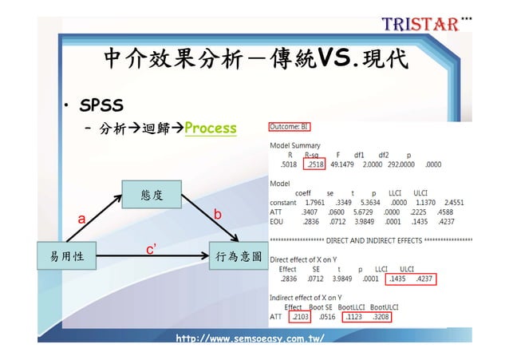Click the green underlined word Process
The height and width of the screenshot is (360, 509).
click(x=211, y=129)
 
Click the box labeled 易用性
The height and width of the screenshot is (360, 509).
click(x=67, y=256)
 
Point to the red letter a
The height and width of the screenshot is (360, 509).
click(x=81, y=220)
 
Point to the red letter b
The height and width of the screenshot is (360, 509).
click(x=216, y=215)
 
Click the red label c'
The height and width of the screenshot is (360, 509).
click(x=150, y=249)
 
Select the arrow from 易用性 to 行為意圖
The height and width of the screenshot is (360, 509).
click(x=152, y=257)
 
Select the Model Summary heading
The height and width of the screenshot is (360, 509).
click(x=295, y=146)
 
